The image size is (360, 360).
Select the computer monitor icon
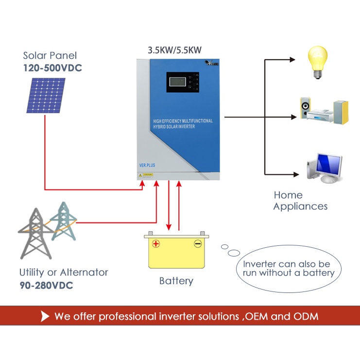click(324, 168)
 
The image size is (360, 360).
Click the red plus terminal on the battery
click(155, 244)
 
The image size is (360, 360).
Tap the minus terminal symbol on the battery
click(198, 244)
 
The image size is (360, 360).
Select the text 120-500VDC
click(52, 68)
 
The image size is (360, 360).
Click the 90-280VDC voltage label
click(46, 285)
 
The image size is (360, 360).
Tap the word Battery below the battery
click(176, 281)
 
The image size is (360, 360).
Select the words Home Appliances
click(300, 201)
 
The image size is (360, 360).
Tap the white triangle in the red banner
click(45, 317)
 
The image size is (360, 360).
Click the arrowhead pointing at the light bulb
click(292, 60)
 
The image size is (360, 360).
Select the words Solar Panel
click(50, 56)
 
